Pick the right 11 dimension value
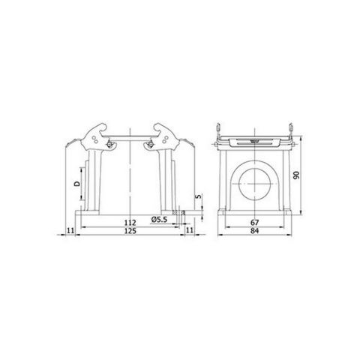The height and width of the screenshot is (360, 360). [190, 231]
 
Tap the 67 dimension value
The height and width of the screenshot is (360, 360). [256, 222]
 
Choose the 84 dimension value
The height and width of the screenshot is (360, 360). [256, 232]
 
